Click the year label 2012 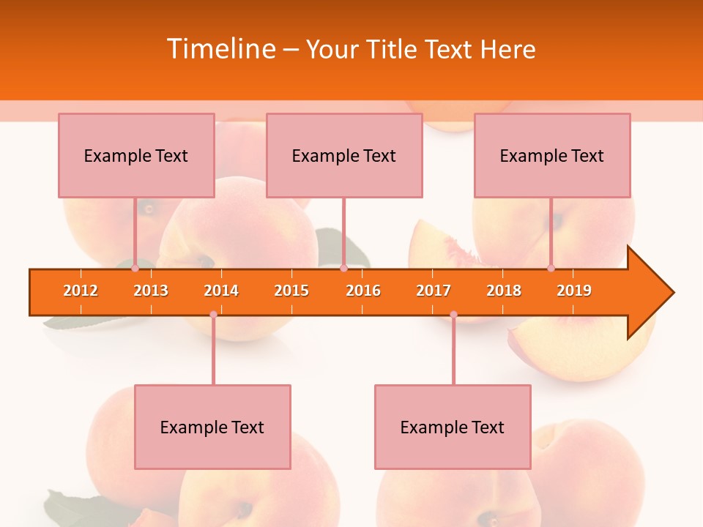coord(81,291)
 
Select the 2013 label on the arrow coord(151,291)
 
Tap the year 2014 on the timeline coord(221,291)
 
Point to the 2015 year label coord(291,291)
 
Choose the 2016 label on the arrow coord(363,291)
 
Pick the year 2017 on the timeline coord(434,291)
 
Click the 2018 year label coord(504,291)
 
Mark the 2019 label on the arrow coord(574,291)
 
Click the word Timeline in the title coord(220,49)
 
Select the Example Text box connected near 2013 coord(136,155)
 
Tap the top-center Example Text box coord(344,155)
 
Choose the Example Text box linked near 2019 coord(552,155)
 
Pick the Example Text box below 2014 coord(212,427)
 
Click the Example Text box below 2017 coord(453,427)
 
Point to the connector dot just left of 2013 coord(135,268)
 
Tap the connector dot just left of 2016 coord(343,268)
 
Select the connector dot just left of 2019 coord(551,268)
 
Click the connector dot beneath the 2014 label coord(213,314)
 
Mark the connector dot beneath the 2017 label coord(453,314)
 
